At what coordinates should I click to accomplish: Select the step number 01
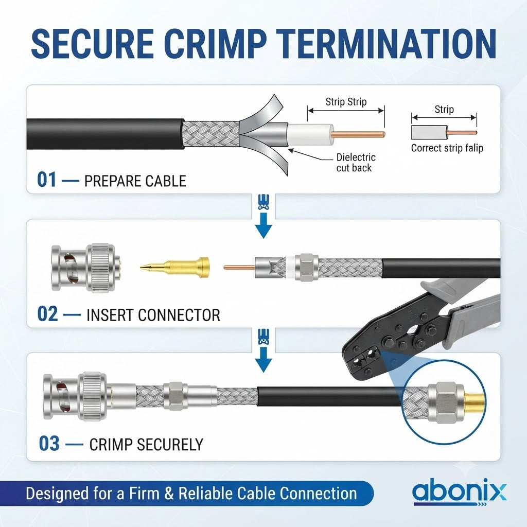(47, 180)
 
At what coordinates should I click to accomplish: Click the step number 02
(47, 314)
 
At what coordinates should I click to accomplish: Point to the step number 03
(49, 443)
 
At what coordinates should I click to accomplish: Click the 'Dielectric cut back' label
(356, 162)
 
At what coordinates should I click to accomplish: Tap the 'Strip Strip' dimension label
(346, 102)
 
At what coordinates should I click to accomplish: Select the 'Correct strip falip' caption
(447, 148)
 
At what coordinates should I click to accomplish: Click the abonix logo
(459, 493)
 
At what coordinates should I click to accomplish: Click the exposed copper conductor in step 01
(358, 134)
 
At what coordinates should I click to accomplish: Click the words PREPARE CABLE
(135, 181)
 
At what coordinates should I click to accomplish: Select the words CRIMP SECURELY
(146, 444)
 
